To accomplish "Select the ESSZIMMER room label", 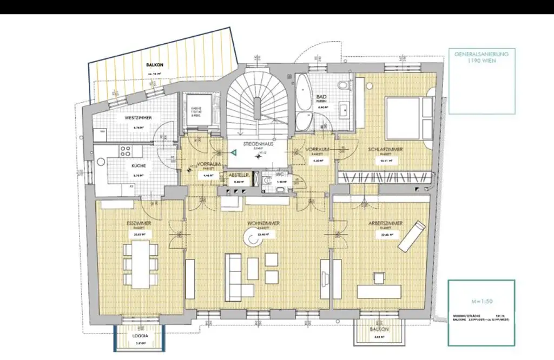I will (138, 223).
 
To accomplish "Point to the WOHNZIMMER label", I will (259, 223).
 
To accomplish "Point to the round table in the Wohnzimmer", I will (252, 237).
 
